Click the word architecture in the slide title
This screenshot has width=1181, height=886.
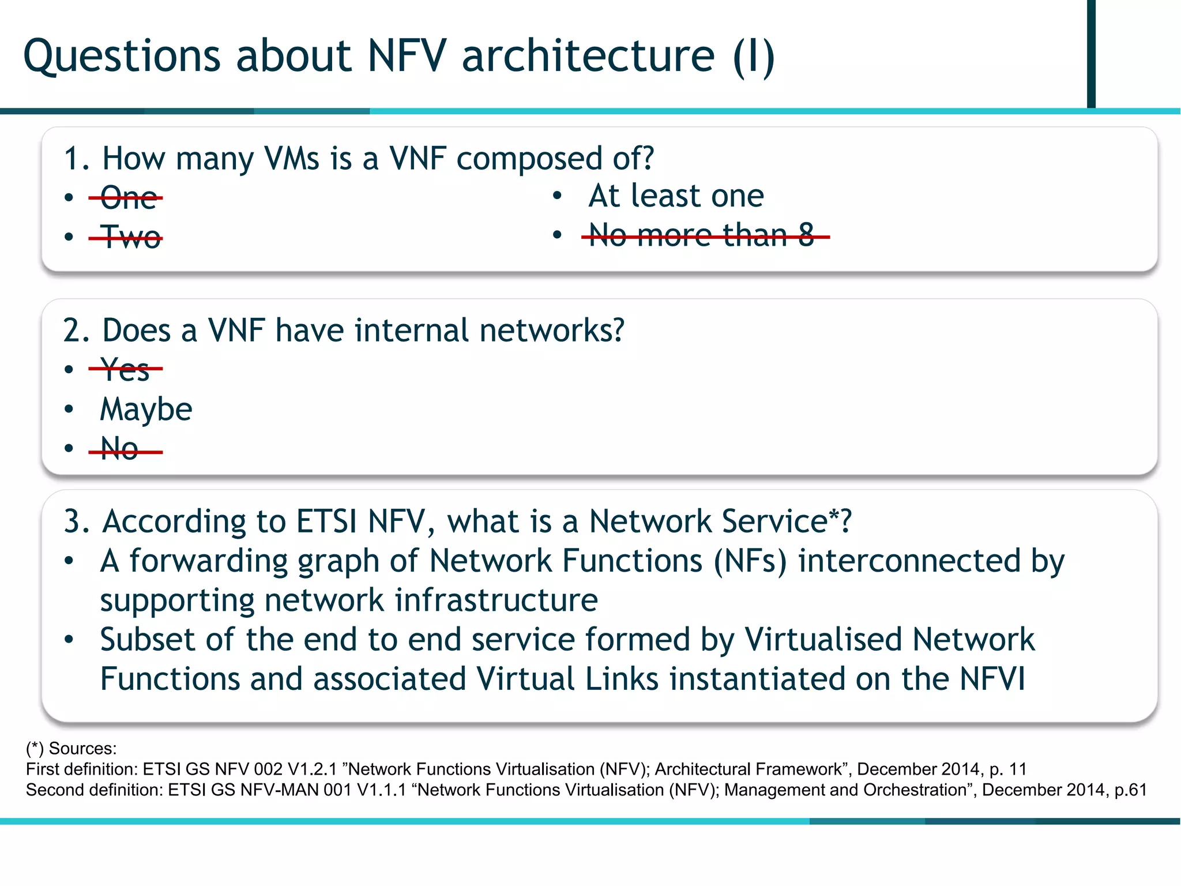tap(588, 57)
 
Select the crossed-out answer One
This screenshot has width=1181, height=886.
tap(128, 198)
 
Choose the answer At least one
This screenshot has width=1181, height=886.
tap(676, 196)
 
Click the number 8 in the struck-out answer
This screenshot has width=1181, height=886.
tap(806, 235)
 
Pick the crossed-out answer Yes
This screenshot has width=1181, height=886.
tap(125, 369)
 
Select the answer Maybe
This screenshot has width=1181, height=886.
tap(146, 410)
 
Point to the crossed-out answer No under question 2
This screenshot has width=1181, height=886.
tap(119, 448)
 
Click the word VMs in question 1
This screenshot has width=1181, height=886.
tap(291, 159)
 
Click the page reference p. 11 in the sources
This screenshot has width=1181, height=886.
tap(1008, 769)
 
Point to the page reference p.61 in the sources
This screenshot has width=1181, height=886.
tap(1130, 790)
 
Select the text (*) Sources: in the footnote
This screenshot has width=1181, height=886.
tap(71, 749)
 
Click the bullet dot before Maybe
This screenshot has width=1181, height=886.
tap(69, 410)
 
